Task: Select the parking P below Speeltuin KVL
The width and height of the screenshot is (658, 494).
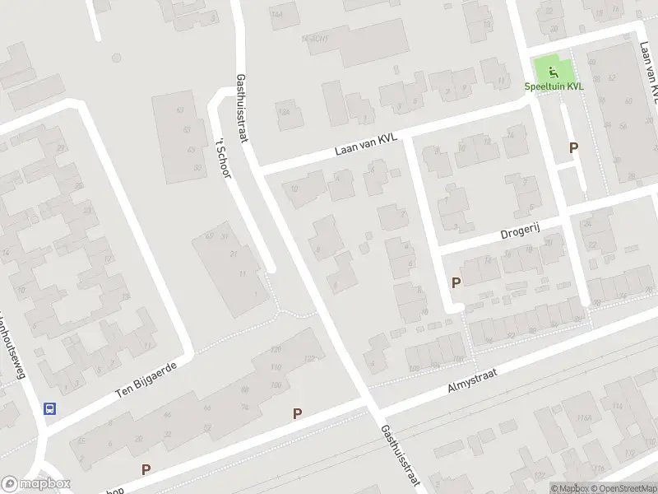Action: pyautogui.click(x=574, y=147)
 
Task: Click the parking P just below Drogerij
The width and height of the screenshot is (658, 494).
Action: pyautogui.click(x=456, y=282)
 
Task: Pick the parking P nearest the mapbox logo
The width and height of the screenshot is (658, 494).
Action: pyautogui.click(x=146, y=469)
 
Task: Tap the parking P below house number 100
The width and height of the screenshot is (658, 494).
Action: pyautogui.click(x=298, y=413)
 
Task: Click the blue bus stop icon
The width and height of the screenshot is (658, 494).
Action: pyautogui.click(x=50, y=408)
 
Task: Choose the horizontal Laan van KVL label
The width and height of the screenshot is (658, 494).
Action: pyautogui.click(x=366, y=145)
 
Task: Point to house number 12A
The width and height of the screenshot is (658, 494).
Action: pyautogui.click(x=285, y=112)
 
